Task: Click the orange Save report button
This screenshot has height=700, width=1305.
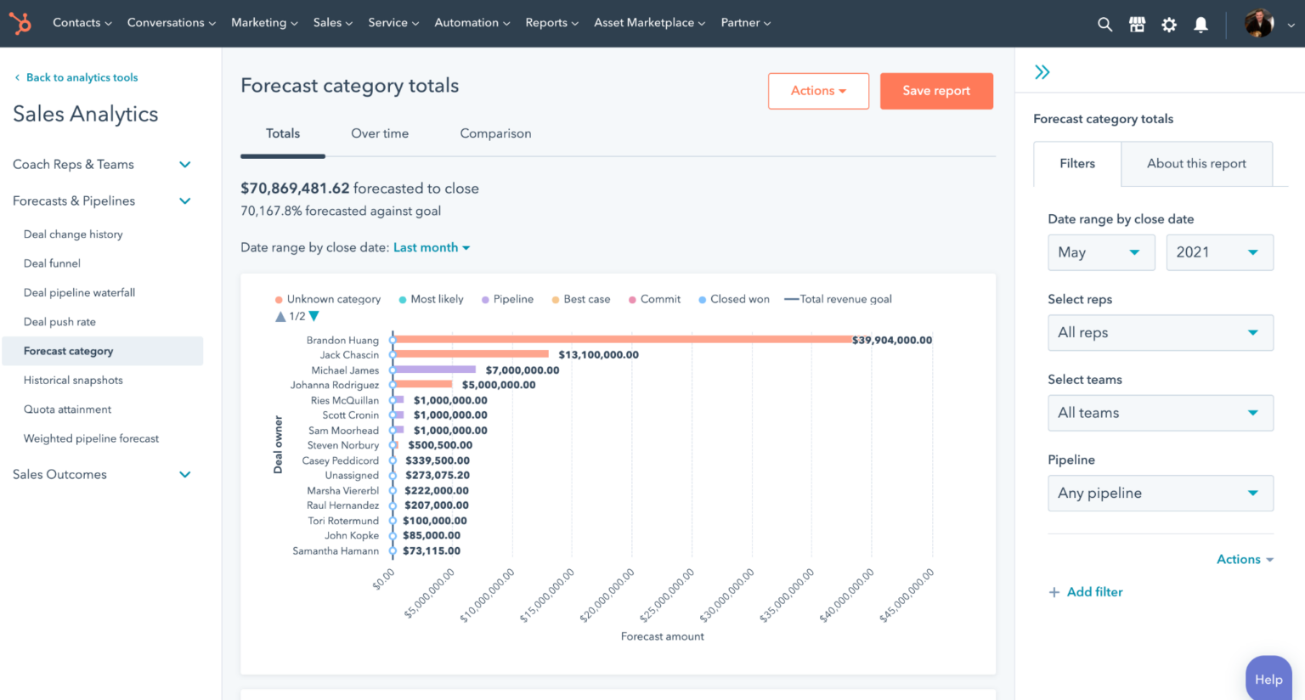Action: [935, 91]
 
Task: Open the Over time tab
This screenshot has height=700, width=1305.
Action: [380, 133]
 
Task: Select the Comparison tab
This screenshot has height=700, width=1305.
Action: [495, 133]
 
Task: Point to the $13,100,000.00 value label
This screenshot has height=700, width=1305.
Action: [598, 355]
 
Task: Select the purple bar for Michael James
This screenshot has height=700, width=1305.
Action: [435, 370]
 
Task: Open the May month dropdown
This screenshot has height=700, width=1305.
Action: [1100, 252]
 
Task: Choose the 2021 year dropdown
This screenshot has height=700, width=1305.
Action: [1218, 252]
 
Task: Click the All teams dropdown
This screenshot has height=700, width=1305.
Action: [1160, 413]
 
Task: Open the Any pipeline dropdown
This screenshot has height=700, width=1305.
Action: [1160, 494]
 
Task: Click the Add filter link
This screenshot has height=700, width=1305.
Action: [1093, 592]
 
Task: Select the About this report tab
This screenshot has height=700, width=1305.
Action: [1195, 164]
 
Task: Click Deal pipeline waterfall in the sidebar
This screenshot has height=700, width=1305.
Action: [79, 292]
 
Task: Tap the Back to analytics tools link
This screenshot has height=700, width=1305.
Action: [82, 77]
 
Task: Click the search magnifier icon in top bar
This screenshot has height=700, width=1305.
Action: [1104, 25]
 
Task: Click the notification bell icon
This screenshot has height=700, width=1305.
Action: [1200, 25]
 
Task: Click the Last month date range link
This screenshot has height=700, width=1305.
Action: [431, 248]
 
